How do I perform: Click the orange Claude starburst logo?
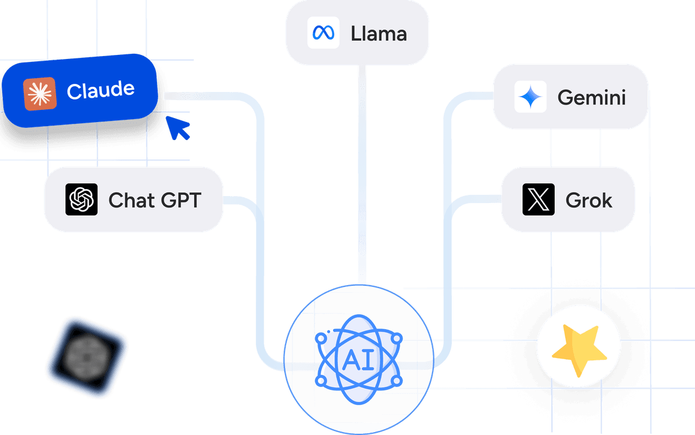click(39, 94)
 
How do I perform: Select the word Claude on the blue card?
click(100, 90)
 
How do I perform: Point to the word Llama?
click(379, 33)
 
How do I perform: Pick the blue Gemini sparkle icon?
click(530, 97)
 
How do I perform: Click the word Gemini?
click(591, 97)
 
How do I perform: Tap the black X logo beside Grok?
click(539, 200)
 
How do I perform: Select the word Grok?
click(588, 200)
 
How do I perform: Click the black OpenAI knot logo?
click(81, 200)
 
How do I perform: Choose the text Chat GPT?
click(155, 200)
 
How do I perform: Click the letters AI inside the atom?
click(358, 360)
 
